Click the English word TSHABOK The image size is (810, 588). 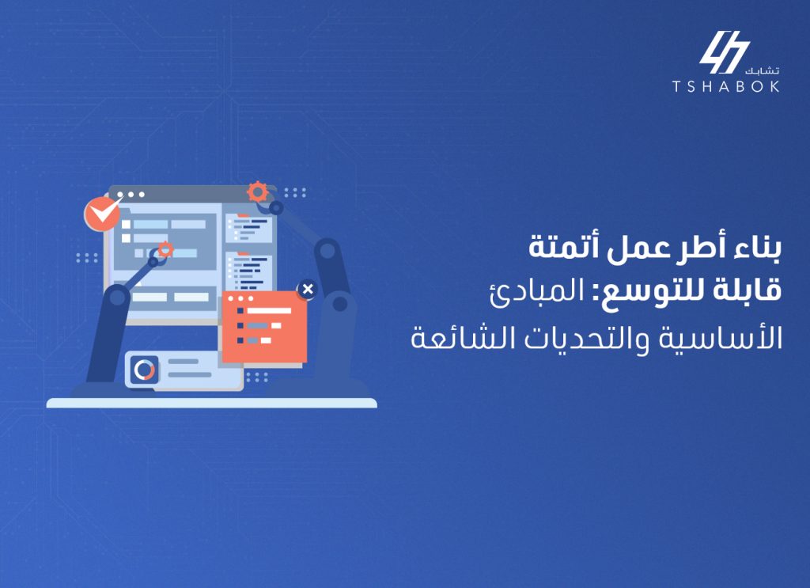click(x=725, y=87)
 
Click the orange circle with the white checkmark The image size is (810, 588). click(x=101, y=214)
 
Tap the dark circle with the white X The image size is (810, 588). click(x=307, y=290)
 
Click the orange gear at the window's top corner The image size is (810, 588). click(x=256, y=192)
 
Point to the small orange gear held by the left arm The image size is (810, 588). click(x=165, y=250)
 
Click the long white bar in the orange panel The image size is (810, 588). click(x=270, y=310)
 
